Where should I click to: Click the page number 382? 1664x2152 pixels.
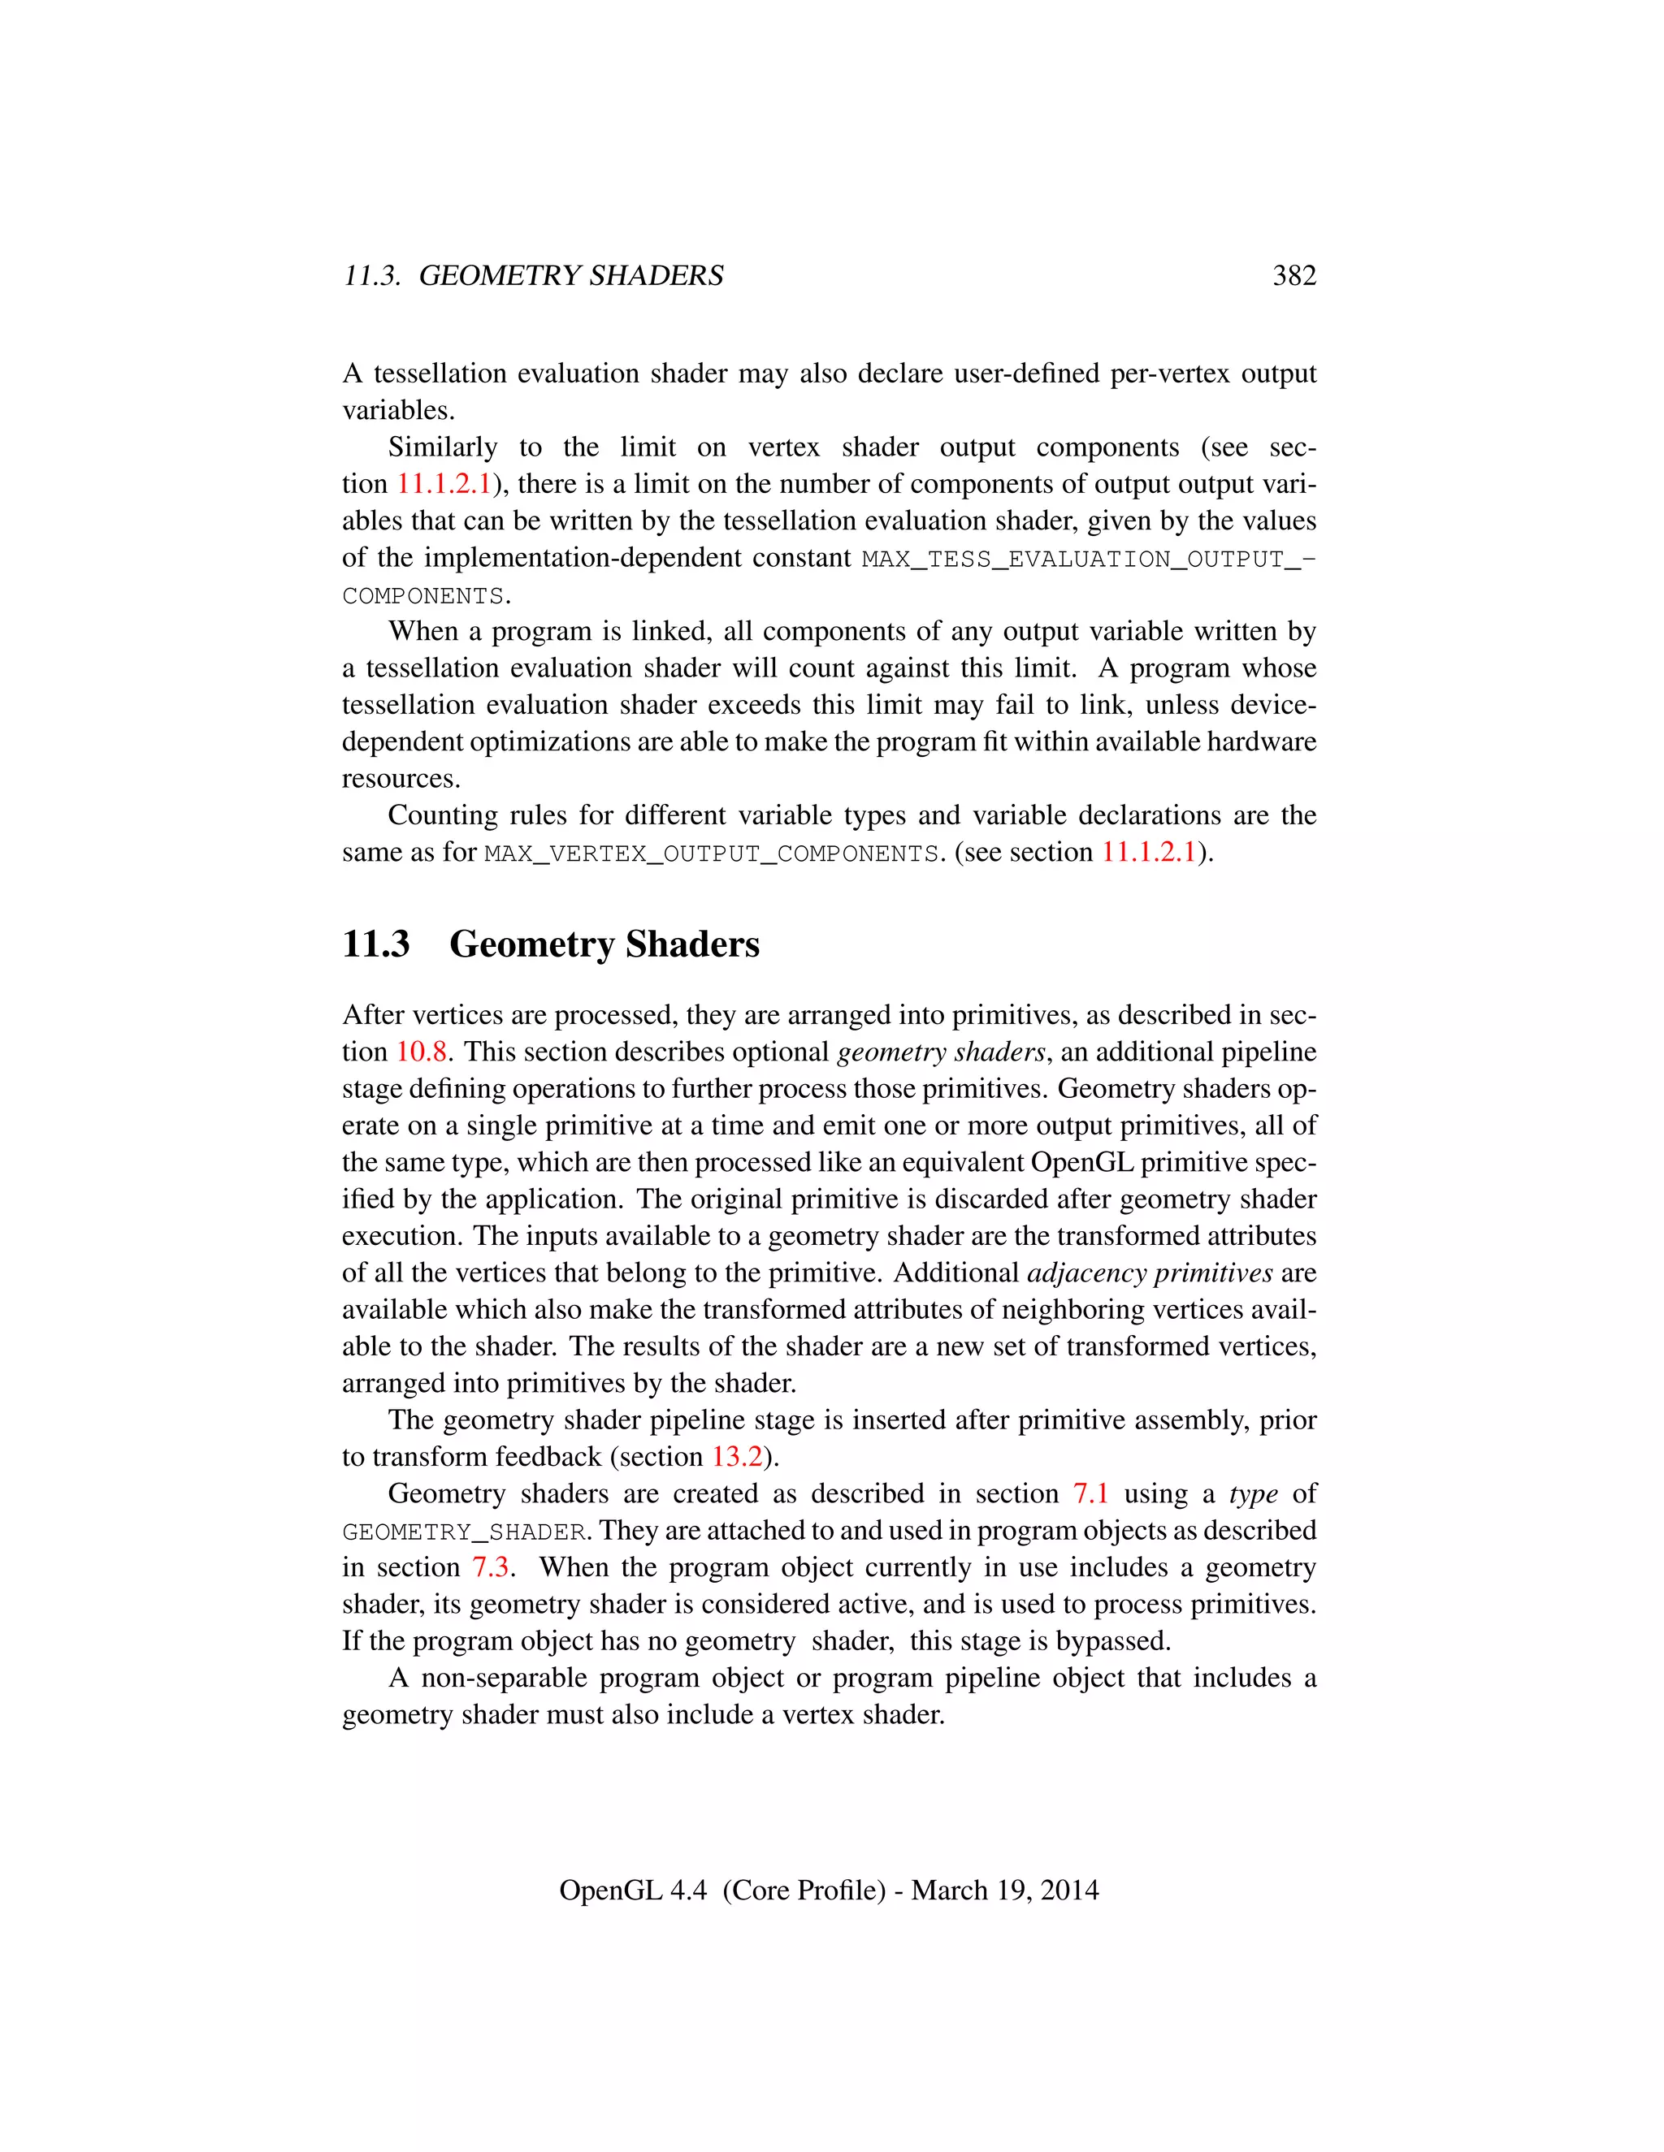click(x=1293, y=276)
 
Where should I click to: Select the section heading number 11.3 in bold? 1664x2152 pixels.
click(x=375, y=944)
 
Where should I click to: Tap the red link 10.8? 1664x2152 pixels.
click(x=422, y=1052)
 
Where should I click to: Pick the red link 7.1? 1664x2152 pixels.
click(x=1090, y=1493)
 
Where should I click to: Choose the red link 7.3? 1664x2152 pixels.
click(x=490, y=1567)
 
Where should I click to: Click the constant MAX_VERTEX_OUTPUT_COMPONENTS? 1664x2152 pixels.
click(x=712, y=853)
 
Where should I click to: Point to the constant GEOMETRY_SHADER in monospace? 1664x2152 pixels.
click(x=464, y=1532)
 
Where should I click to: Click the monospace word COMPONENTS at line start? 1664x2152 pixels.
click(x=422, y=596)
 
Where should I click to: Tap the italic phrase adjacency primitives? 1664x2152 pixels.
click(x=1150, y=1273)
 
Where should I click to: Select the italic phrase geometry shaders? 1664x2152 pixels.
click(x=940, y=1052)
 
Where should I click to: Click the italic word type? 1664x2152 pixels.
click(x=1253, y=1493)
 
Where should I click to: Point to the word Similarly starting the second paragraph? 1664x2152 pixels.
click(x=442, y=447)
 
